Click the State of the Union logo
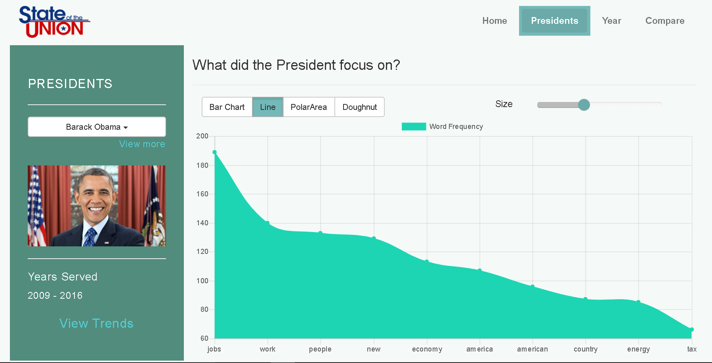point(54,22)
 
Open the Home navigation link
point(494,21)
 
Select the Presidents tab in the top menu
point(554,21)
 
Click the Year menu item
point(611,21)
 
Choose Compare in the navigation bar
point(664,21)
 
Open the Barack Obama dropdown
point(97,127)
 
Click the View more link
point(142,144)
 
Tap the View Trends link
point(96,323)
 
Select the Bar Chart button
point(227,107)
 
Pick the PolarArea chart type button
point(309,107)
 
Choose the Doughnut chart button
point(359,107)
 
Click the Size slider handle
point(584,105)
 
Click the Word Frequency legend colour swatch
point(414,127)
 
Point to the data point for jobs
point(214,152)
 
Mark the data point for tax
point(691,330)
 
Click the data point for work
point(267,223)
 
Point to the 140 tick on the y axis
point(202,223)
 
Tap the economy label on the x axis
point(427,349)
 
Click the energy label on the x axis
point(638,349)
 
